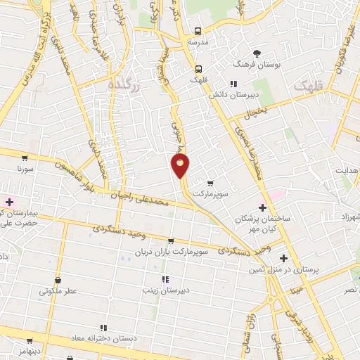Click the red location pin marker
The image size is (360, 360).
181,167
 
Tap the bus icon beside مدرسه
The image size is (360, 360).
199,31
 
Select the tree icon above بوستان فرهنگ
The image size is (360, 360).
257,53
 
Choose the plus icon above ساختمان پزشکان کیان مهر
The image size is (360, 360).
263,207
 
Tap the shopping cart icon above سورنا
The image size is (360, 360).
25,157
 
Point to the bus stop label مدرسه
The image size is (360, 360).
199,41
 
